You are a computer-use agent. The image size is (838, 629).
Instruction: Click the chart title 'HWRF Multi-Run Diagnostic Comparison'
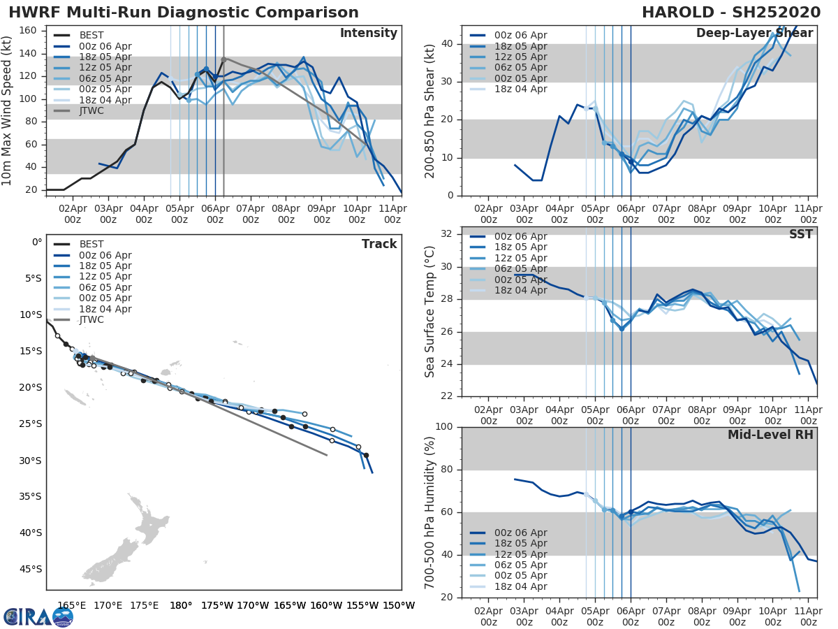click(184, 13)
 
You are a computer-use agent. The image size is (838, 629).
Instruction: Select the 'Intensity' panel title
click(368, 34)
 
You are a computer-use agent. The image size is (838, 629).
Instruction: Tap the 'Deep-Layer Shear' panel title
click(754, 34)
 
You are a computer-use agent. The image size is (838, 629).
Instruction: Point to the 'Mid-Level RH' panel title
click(770, 435)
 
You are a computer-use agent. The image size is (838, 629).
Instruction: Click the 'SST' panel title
click(800, 234)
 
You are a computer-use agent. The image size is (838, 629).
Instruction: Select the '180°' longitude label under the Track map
click(181, 605)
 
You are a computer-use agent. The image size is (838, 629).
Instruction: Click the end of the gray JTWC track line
click(327, 455)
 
